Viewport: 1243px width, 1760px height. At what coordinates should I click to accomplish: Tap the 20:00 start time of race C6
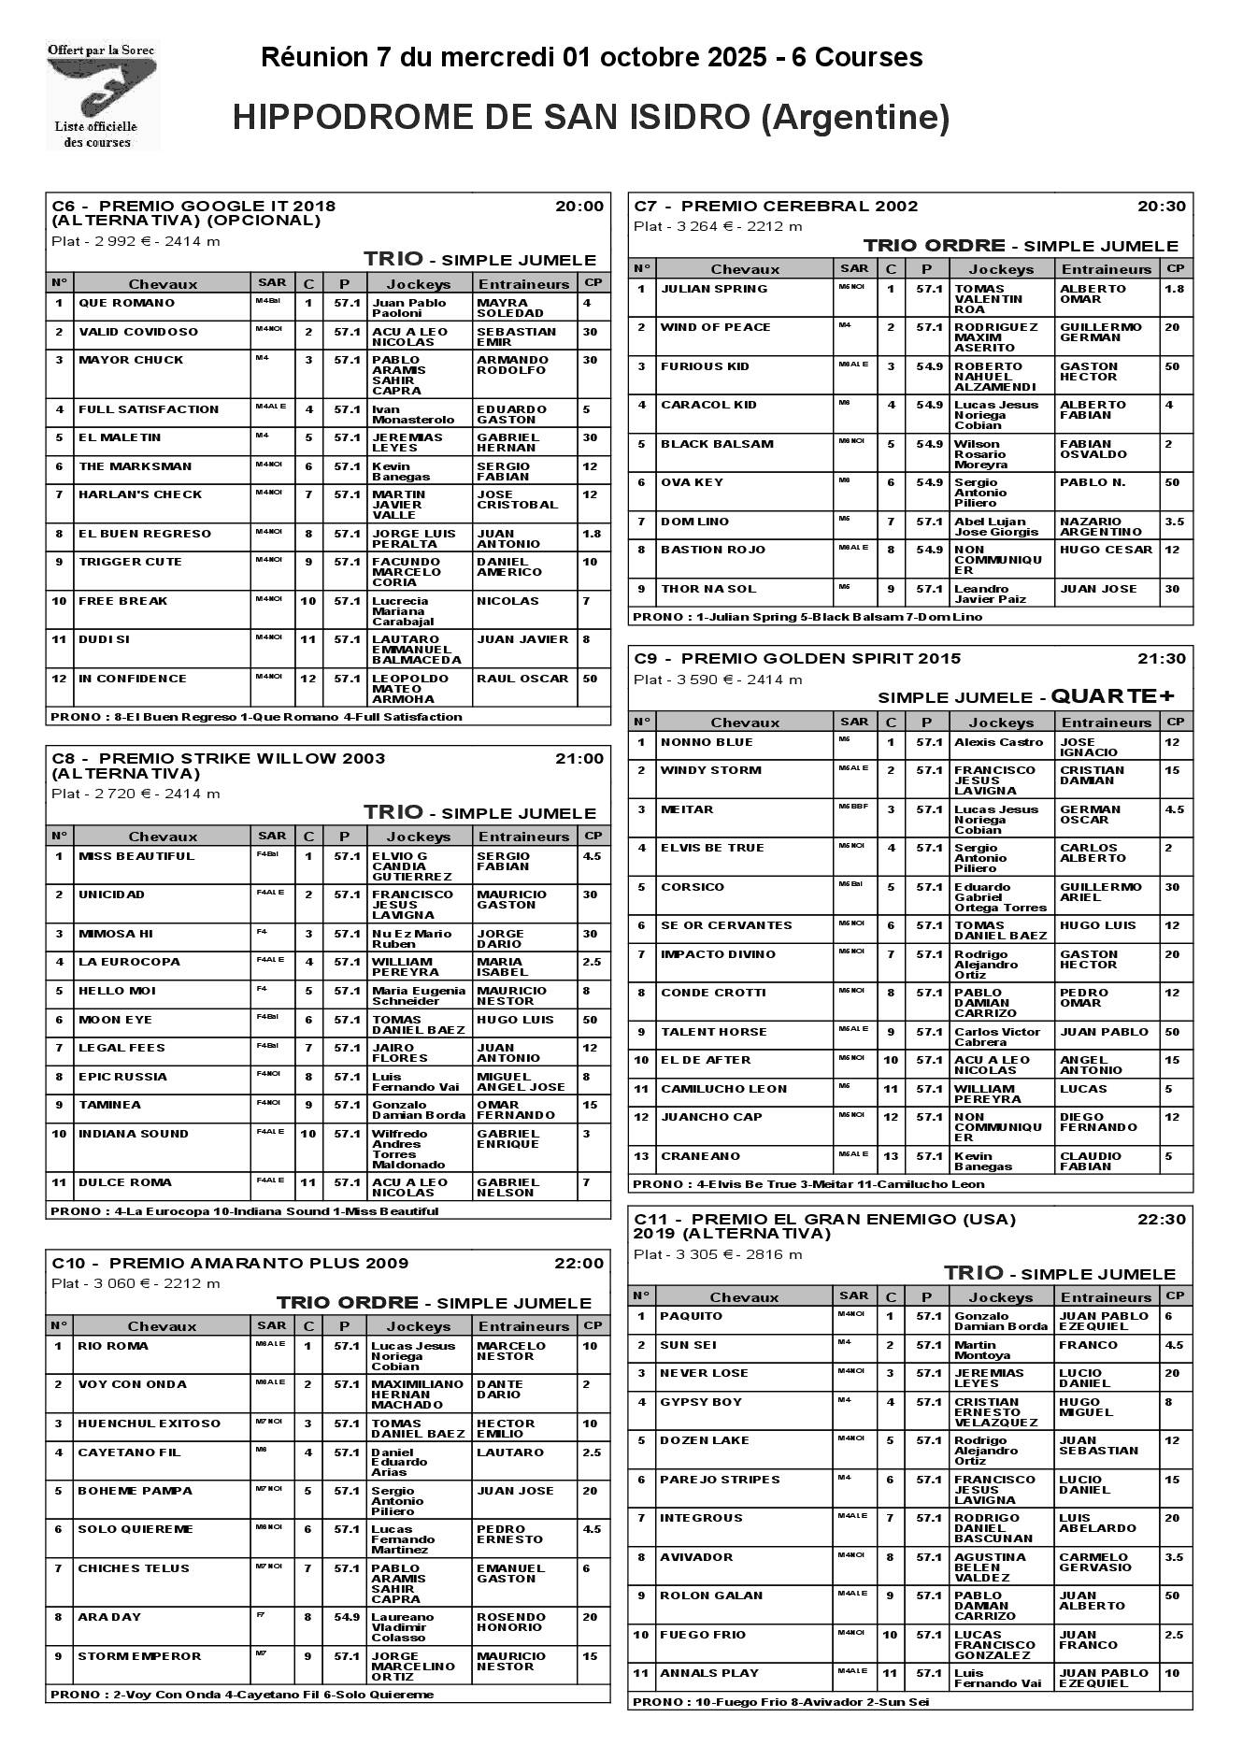(x=579, y=207)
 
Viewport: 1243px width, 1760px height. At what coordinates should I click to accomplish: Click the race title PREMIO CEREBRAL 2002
(x=799, y=207)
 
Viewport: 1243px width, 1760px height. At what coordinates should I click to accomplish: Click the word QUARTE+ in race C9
(x=1112, y=696)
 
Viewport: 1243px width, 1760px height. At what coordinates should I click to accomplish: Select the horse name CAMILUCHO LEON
(x=723, y=1089)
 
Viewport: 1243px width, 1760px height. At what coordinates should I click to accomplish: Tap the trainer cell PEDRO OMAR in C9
(x=1084, y=997)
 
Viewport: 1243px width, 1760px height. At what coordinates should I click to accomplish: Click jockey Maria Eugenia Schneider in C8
(x=418, y=995)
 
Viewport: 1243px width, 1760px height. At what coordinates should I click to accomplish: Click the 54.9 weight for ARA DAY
(x=346, y=1617)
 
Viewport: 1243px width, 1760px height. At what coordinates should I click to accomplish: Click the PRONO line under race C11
(x=780, y=1702)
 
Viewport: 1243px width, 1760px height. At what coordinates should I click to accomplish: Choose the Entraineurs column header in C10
(x=523, y=1326)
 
